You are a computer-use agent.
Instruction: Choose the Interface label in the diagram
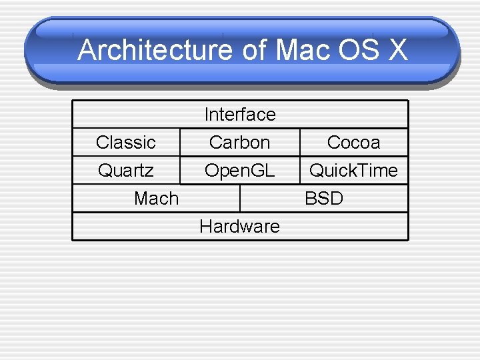click(240, 115)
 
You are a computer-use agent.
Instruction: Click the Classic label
click(125, 143)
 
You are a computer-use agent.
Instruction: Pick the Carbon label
click(239, 143)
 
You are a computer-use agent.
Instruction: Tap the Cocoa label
click(353, 143)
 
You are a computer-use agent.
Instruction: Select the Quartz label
click(125, 171)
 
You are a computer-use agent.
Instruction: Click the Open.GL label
click(239, 171)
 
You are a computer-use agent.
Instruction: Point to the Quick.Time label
click(353, 171)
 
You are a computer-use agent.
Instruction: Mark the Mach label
click(156, 199)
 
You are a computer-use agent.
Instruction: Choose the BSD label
click(324, 199)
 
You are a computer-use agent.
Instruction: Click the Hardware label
click(239, 227)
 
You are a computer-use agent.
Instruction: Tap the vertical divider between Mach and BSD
click(240, 199)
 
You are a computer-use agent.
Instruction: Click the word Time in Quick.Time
click(376, 171)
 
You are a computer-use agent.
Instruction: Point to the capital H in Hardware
click(205, 227)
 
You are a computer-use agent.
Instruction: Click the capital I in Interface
click(207, 115)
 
